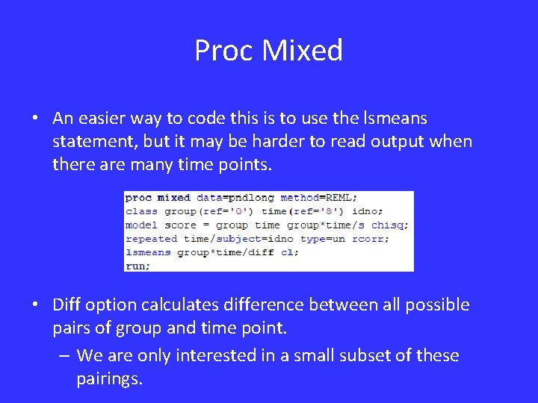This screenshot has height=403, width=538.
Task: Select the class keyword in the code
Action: (x=141, y=211)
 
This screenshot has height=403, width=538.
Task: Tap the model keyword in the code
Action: (x=141, y=225)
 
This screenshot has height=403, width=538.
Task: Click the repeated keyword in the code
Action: (x=151, y=239)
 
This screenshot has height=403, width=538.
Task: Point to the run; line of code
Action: (x=137, y=266)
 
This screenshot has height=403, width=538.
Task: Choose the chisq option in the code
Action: (x=390, y=225)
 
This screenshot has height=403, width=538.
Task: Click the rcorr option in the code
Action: (x=370, y=239)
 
